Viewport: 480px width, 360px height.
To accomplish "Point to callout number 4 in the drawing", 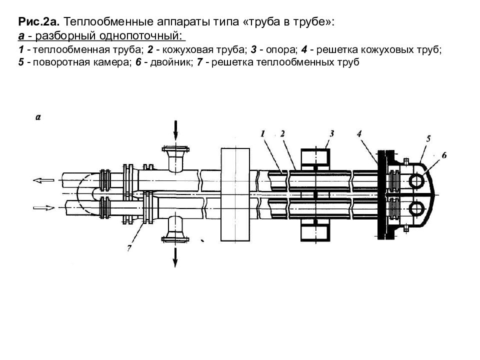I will (x=359, y=133).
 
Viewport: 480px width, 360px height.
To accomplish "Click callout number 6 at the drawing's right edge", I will (x=444, y=155).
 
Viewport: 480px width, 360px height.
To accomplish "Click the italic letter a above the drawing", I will (x=38, y=117).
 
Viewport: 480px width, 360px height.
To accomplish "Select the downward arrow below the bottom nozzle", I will (x=175, y=256).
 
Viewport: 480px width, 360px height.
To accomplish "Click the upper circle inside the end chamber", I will (x=416, y=180).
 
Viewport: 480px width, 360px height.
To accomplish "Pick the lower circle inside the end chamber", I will (x=416, y=207).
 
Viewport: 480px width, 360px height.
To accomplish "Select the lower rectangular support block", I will (x=314, y=231).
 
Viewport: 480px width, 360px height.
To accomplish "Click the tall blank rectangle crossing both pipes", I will (x=234, y=194).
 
